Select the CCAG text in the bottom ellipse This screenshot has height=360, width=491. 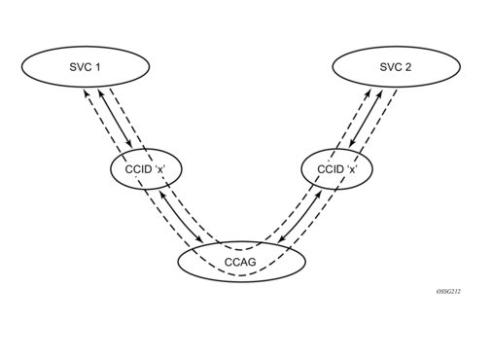241,262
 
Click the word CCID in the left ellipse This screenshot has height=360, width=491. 137,169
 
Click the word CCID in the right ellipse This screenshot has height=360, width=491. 333,169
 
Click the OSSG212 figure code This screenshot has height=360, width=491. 447,291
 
